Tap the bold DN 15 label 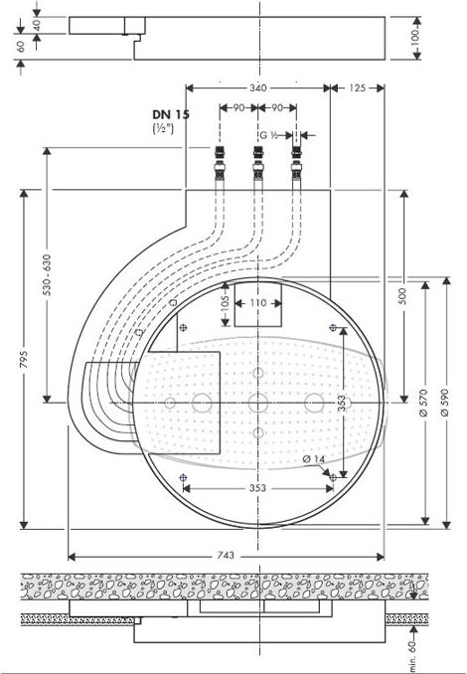point(170,115)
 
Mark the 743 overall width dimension point(227,558)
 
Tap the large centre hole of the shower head point(258,403)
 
